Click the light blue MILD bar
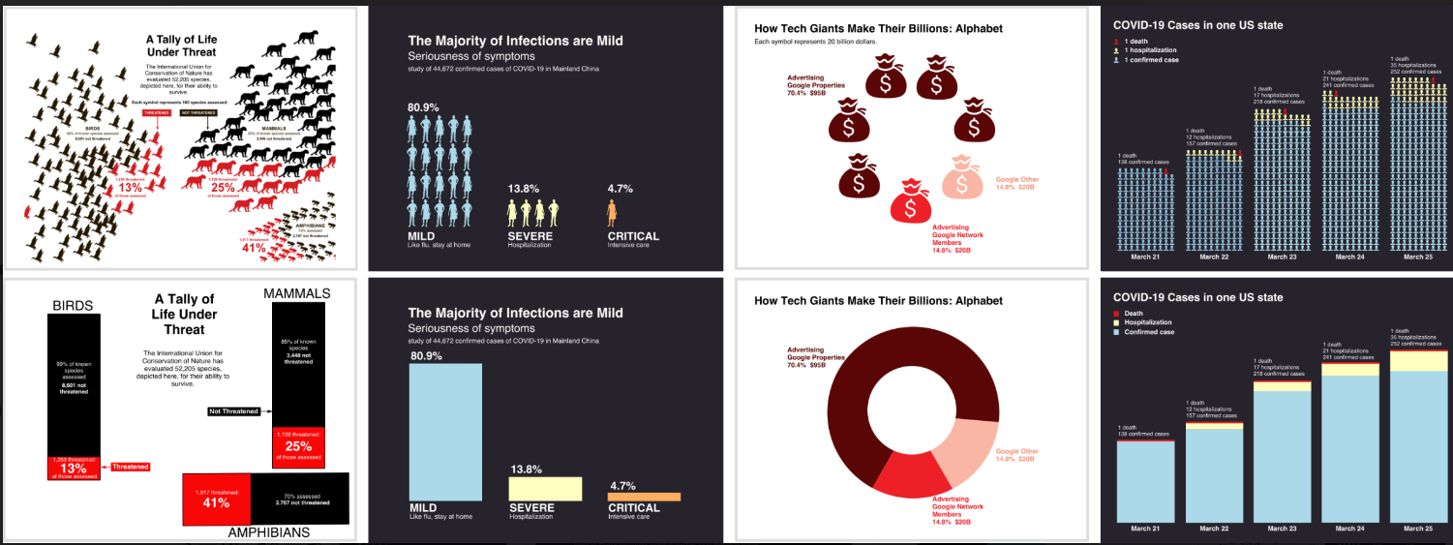[x=445, y=431]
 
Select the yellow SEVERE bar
[x=545, y=488]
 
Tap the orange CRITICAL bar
[x=644, y=497]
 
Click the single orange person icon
[x=612, y=212]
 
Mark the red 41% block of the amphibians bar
[x=217, y=499]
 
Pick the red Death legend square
[x=1117, y=313]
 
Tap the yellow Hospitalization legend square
[x=1117, y=322]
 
